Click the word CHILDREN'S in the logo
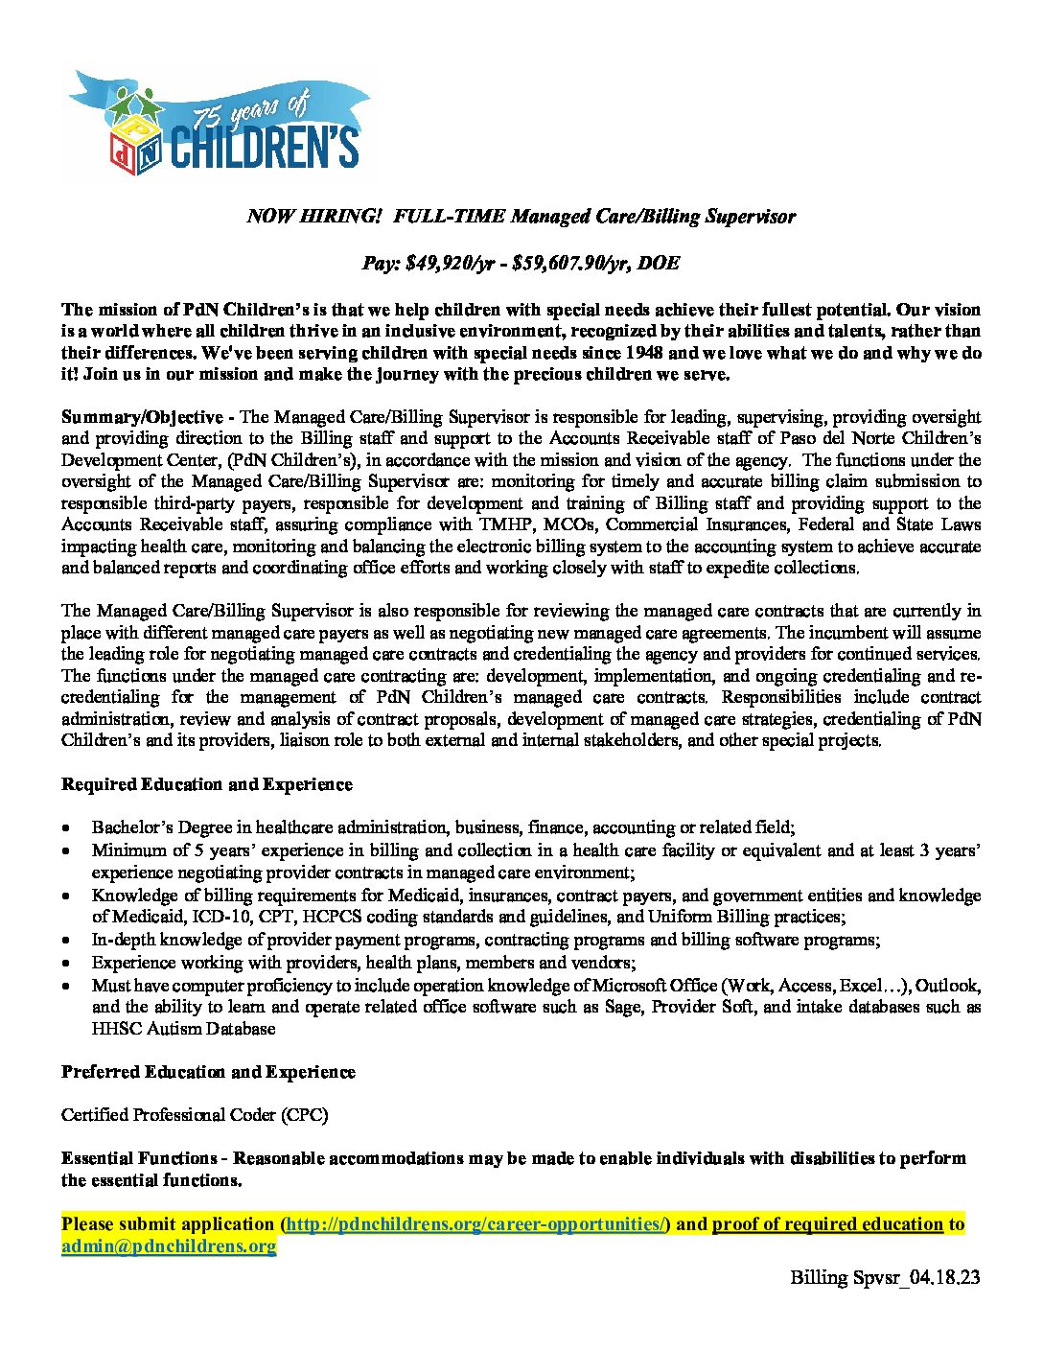click(x=265, y=148)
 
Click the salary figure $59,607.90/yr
click(x=573, y=263)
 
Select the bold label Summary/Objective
click(x=142, y=417)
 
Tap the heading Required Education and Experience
click(x=207, y=784)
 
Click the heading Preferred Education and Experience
click(x=208, y=1072)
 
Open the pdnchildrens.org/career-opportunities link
click(x=475, y=1224)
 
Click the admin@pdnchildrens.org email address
click(x=169, y=1246)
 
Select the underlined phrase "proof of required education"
click(x=827, y=1224)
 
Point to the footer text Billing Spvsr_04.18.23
click(x=885, y=1278)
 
